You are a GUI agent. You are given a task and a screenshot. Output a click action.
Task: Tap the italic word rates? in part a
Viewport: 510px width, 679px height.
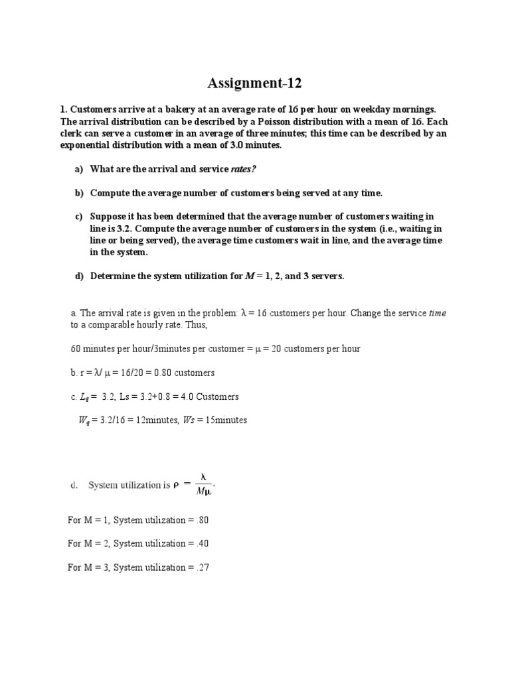[x=243, y=169]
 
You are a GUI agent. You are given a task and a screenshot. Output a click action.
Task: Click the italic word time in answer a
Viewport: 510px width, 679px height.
[x=438, y=312]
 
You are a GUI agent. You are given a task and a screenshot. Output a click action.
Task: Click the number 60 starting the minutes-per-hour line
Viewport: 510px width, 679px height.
[x=75, y=349]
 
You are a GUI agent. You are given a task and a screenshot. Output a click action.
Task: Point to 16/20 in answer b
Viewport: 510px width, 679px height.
[x=131, y=373]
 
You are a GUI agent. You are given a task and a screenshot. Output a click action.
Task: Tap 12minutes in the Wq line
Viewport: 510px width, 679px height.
[x=155, y=420]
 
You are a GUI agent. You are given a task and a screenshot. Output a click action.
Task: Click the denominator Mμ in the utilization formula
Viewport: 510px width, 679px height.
[x=204, y=491]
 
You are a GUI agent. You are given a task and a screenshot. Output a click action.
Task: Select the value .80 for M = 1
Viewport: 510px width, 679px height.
[x=203, y=520]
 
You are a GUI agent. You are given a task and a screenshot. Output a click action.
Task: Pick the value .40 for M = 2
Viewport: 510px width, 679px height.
[x=203, y=544]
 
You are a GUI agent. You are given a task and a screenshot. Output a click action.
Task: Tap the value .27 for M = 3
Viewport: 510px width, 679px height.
[x=203, y=568]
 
